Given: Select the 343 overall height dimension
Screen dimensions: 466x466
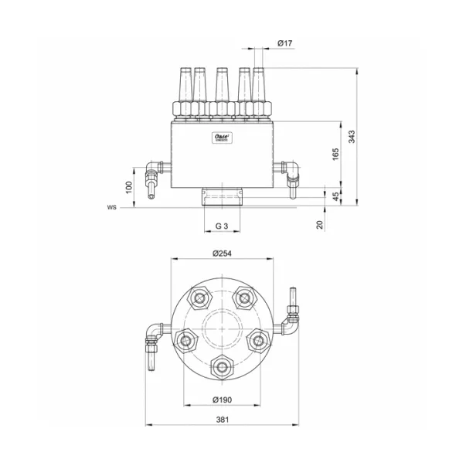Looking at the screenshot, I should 351,137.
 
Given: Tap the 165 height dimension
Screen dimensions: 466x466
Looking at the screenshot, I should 335,154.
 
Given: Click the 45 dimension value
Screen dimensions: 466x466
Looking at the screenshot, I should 335,196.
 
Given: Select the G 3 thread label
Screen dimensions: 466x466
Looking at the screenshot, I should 221,226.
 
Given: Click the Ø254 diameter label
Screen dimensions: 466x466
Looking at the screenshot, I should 223,253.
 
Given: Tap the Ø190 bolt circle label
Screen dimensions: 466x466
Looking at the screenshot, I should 223,400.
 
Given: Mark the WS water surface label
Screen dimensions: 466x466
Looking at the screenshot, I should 112,208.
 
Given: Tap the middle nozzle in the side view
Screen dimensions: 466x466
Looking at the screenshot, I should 222,89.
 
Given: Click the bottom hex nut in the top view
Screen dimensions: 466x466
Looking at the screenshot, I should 223,366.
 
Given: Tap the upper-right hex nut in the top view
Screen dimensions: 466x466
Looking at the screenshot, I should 245,297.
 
